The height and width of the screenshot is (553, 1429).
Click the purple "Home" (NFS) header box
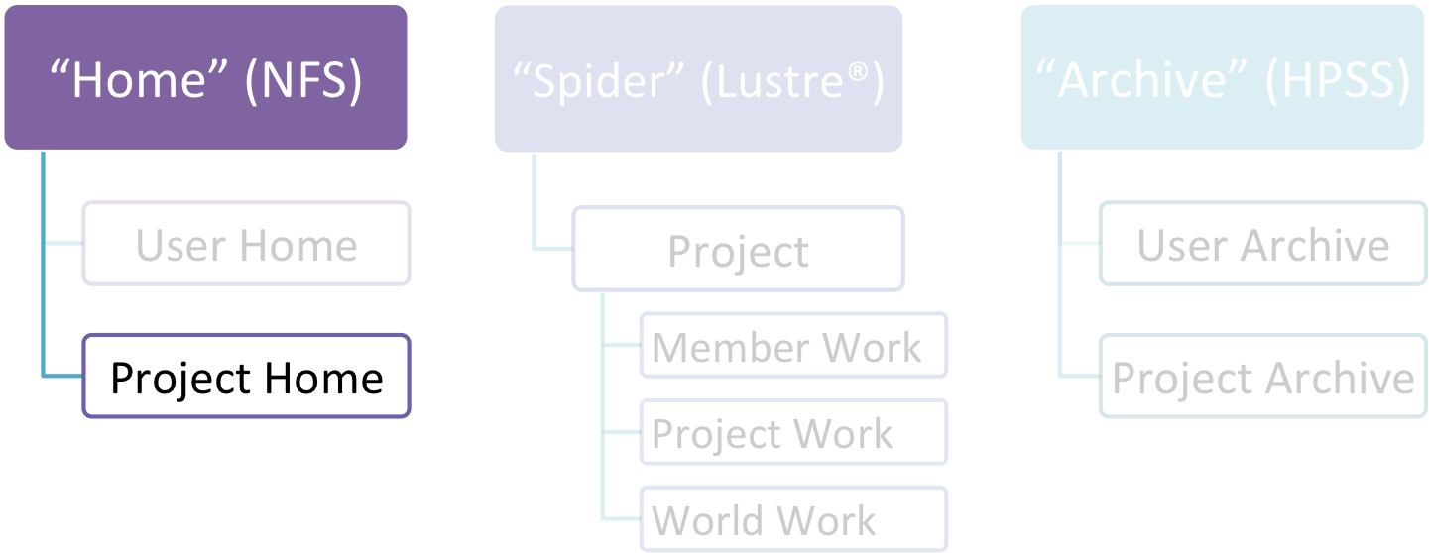pos(205,79)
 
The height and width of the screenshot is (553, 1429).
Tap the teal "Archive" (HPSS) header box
pos(1223,79)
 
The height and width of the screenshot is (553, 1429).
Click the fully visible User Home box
pos(246,245)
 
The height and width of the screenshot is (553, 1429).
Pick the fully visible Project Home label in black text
pos(246,378)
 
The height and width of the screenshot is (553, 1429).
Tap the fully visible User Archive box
pos(1263,245)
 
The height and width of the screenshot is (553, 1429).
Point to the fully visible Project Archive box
pos(1263,378)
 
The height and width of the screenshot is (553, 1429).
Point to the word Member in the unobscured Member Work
pos(722,348)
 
